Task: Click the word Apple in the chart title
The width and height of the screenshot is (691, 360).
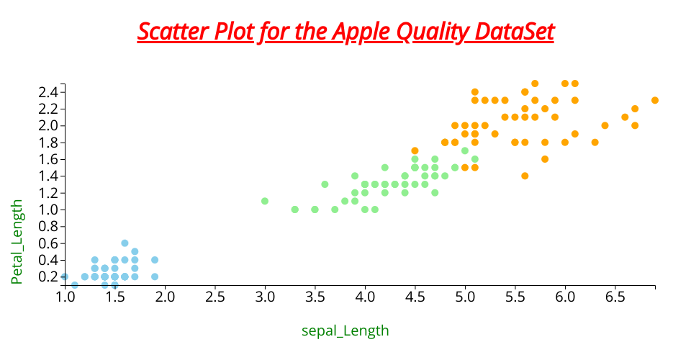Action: pos(361,32)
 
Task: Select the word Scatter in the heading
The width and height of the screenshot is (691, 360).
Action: pos(173,32)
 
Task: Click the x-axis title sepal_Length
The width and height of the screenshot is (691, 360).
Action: pos(345,330)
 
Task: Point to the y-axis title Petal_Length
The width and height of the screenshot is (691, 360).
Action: pos(17,241)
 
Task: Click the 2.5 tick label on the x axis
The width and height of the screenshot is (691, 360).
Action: pos(214,297)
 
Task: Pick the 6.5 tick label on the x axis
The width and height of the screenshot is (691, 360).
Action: pos(615,297)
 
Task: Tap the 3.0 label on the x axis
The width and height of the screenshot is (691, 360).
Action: pos(265,297)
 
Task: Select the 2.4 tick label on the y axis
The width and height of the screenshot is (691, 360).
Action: pos(48,92)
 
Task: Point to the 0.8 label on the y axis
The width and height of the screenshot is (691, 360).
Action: pos(48,227)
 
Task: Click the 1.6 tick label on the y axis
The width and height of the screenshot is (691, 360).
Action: pos(48,159)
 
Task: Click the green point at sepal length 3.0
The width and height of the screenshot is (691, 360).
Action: pos(265,201)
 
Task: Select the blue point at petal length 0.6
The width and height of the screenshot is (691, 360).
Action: pos(125,243)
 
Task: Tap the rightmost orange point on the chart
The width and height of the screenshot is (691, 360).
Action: pos(655,100)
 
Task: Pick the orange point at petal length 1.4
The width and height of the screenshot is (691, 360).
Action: pos(525,176)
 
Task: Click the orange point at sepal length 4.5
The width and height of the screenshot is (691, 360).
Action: pos(415,150)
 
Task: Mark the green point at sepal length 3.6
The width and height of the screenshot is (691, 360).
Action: pos(325,184)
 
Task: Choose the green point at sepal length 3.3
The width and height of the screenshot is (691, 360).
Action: pos(295,210)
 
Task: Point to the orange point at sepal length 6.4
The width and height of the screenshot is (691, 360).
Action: pos(605,125)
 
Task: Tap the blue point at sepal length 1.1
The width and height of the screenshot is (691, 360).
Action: pos(75,285)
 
